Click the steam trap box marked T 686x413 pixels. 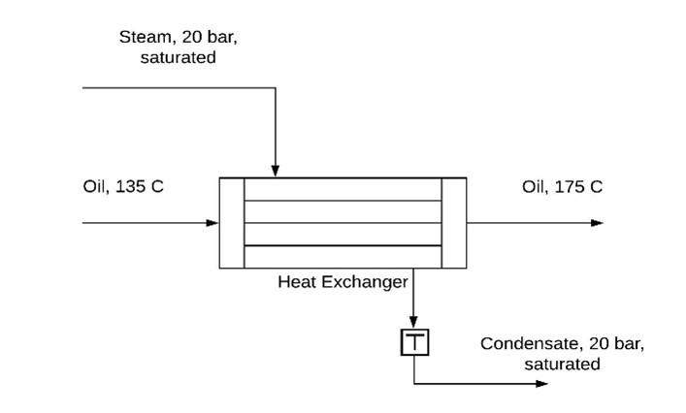point(414,342)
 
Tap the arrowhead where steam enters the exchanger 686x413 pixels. point(276,171)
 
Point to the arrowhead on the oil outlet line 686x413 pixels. point(597,223)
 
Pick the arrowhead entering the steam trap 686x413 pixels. point(414,325)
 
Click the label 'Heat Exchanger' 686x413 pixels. point(343,282)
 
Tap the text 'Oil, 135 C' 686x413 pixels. point(123,186)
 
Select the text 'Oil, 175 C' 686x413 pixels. point(562,186)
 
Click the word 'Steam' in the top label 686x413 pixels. point(146,38)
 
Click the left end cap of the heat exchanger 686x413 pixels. point(232,223)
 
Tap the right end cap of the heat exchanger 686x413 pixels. point(454,223)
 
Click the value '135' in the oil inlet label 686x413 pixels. point(130,186)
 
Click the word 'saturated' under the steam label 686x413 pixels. point(179,57)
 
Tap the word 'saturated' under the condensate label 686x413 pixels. point(562,365)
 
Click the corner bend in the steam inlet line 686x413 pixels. point(276,88)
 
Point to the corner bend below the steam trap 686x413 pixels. point(414,384)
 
